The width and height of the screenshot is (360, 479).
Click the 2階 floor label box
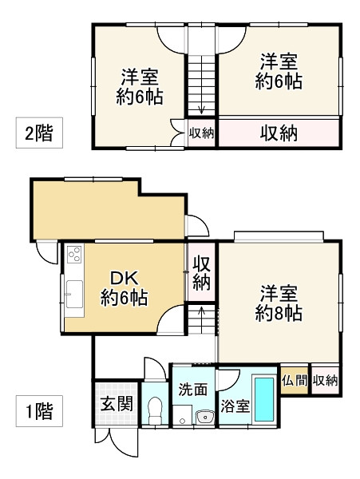pos(39,133)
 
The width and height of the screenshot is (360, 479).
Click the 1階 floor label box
pos(39,411)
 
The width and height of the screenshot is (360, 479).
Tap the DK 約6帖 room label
pos(125,288)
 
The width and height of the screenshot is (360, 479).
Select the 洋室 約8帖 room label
pos(279,303)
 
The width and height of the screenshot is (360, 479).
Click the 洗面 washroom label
pos(192,390)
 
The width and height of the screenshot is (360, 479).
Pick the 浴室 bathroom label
pos(235,406)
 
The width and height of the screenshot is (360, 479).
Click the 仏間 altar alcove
pos(295,380)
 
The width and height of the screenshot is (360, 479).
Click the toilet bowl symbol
pos(155,410)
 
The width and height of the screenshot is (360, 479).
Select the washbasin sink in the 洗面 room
pos(205,417)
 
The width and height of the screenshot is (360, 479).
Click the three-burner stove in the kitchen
pos(74,254)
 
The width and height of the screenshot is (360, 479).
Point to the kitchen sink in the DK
pos(74,294)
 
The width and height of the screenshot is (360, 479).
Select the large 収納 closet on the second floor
pos(279,133)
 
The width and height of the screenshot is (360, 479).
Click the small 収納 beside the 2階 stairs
pos(201,133)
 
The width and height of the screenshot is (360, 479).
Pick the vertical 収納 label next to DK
pos(201,273)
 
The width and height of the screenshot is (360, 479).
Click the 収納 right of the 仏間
pos(325,380)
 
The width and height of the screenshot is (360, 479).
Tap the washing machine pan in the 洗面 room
pos(182,415)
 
